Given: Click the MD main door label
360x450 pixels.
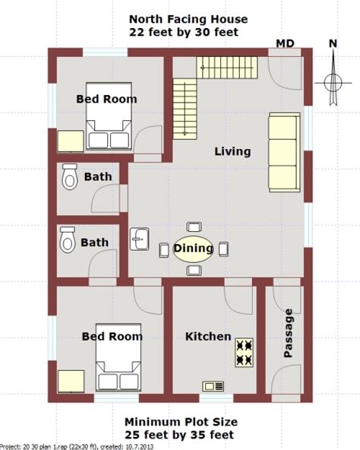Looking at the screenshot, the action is [x=285, y=43].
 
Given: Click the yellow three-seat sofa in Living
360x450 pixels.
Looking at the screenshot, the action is [x=284, y=152].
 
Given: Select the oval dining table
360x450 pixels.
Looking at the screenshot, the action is [x=194, y=249].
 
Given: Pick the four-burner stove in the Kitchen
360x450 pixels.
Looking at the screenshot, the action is [x=244, y=353].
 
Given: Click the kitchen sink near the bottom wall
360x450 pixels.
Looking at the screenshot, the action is [x=213, y=387].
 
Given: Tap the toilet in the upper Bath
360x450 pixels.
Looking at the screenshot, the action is [x=70, y=177].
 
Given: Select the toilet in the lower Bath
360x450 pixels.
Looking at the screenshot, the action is [x=68, y=240].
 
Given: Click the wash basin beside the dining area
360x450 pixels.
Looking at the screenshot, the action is [x=140, y=239].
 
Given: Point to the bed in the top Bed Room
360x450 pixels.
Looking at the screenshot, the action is [x=109, y=116].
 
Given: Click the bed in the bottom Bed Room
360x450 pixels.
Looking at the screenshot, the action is [x=118, y=357].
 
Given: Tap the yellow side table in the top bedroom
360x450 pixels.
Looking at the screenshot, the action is [x=71, y=142].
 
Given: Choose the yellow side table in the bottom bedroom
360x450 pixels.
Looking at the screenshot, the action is [x=71, y=382].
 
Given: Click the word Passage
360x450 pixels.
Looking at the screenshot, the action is [x=288, y=333].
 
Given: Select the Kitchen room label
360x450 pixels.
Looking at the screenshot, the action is [x=208, y=336].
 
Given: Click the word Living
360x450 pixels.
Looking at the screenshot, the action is [x=232, y=151].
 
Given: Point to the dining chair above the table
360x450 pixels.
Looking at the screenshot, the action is [x=194, y=227].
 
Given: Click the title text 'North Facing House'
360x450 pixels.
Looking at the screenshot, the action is [x=188, y=19].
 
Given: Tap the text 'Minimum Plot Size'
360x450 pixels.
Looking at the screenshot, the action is [x=182, y=422].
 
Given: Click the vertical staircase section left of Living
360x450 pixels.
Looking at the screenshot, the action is [x=185, y=109].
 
